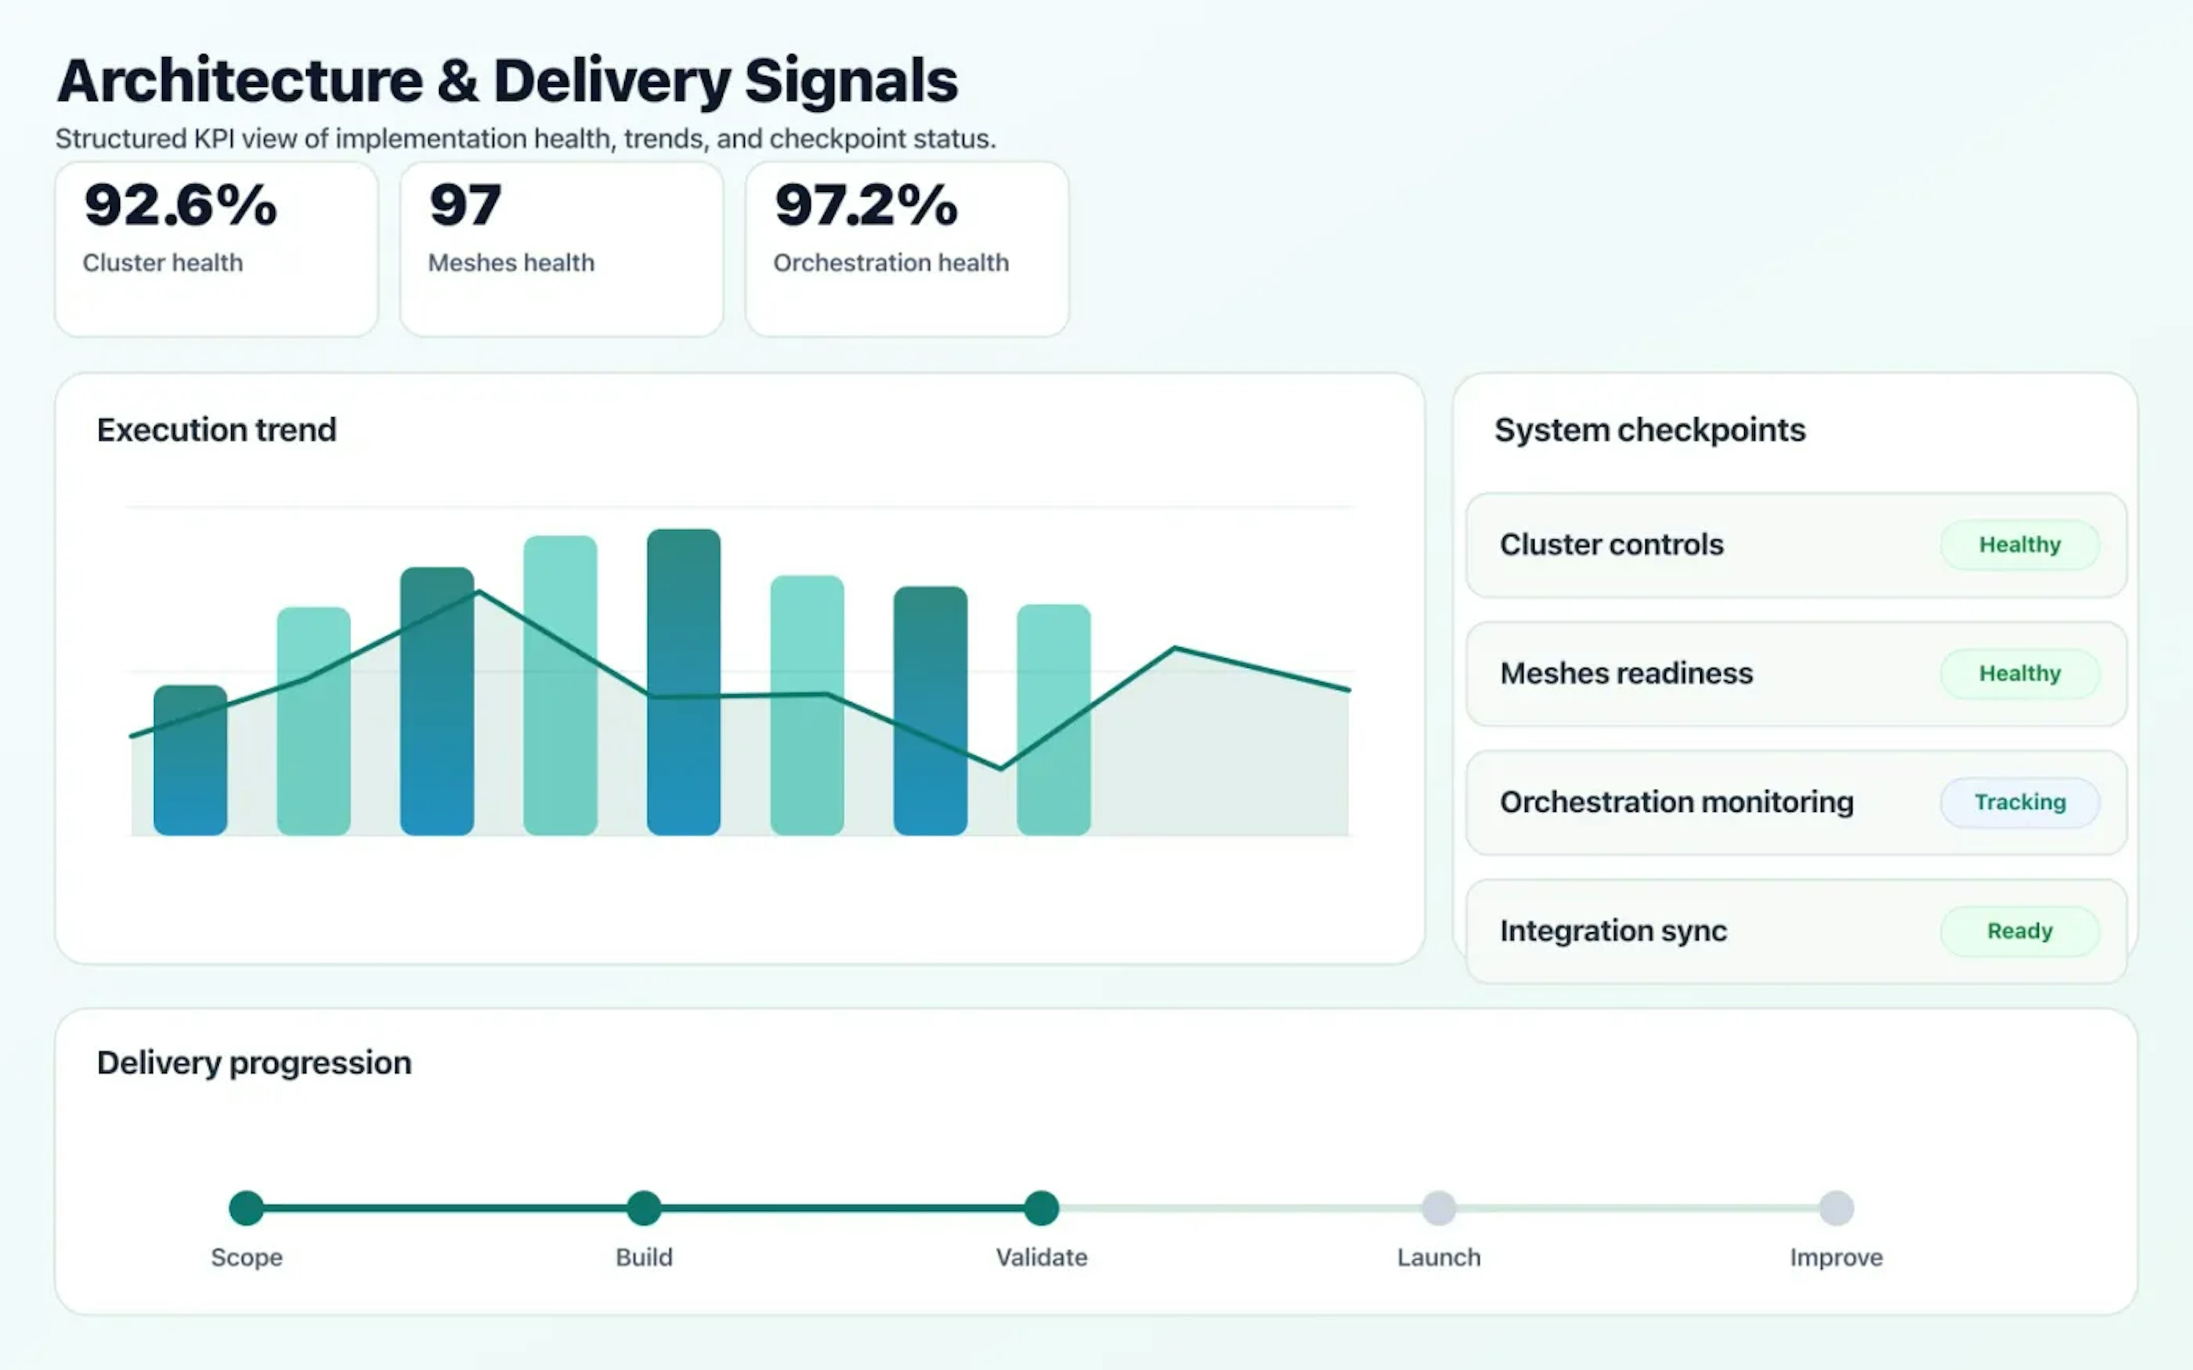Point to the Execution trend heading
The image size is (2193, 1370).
(x=216, y=429)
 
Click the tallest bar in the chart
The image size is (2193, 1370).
(x=683, y=682)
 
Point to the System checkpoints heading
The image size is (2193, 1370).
(x=1649, y=429)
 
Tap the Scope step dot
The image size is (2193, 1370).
(x=247, y=1208)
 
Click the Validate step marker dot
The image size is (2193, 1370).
(x=1041, y=1208)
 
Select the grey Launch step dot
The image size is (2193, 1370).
(x=1438, y=1208)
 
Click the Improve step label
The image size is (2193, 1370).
(x=1836, y=1258)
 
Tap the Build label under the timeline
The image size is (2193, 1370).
(x=644, y=1258)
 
